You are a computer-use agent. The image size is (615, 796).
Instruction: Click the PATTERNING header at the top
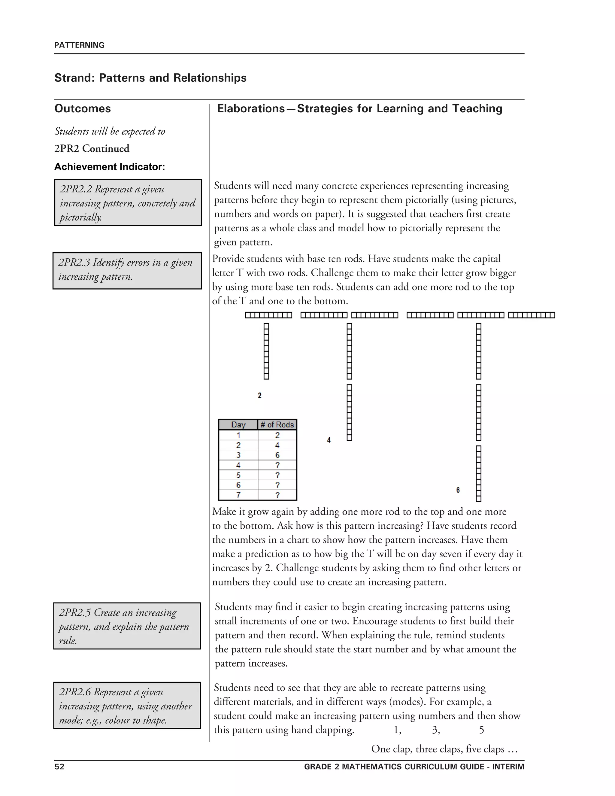coord(79,45)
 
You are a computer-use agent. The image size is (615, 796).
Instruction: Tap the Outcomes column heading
coord(83,109)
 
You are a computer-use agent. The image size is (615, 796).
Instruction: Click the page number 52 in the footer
coord(59,767)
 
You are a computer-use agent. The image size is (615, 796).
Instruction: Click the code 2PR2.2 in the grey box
coord(76,189)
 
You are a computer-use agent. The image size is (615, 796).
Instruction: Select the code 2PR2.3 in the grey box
coord(74,263)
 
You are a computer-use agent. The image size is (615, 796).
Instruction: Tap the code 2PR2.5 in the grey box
coord(75,613)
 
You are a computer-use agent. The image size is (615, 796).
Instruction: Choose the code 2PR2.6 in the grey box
coord(75,692)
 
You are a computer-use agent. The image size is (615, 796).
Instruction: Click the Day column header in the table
coord(238,425)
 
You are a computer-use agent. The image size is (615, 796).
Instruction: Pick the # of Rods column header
coord(277,425)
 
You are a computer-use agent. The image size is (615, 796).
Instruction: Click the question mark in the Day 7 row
coord(277,495)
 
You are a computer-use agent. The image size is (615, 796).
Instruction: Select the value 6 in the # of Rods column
coord(277,455)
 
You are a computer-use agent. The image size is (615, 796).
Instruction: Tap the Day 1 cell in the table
coord(238,435)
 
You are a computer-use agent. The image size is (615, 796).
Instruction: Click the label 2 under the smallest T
coord(259,396)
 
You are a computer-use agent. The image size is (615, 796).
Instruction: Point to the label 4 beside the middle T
coord(329,440)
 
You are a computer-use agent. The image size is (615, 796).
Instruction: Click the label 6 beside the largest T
coord(458,490)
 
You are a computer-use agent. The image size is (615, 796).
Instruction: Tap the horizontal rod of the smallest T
coord(268,315)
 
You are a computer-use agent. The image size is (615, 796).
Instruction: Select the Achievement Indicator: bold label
coord(110,167)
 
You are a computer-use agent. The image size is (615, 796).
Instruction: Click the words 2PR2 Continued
coord(92,149)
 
